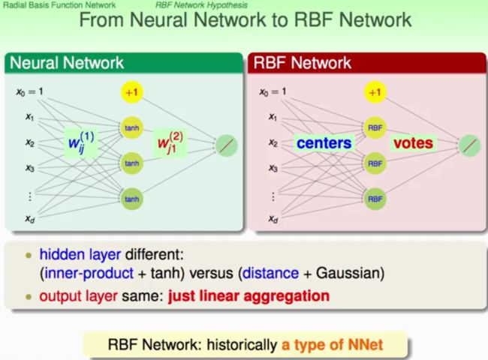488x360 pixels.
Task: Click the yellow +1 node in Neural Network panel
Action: pyautogui.click(x=131, y=92)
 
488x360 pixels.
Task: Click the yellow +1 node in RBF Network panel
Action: pyautogui.click(x=375, y=92)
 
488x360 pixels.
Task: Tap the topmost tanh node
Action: pyautogui.click(x=131, y=127)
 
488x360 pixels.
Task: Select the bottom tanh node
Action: pyautogui.click(x=131, y=199)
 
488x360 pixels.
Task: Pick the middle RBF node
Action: pyautogui.click(x=375, y=163)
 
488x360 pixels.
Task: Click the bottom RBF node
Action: pyautogui.click(x=375, y=199)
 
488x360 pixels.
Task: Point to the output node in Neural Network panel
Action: pyautogui.click(x=227, y=145)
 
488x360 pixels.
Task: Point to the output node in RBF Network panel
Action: pyautogui.click(x=470, y=145)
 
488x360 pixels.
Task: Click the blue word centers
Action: pyautogui.click(x=324, y=143)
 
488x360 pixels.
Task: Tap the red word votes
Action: pyautogui.click(x=413, y=143)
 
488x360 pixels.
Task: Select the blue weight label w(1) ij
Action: pyautogui.click(x=81, y=142)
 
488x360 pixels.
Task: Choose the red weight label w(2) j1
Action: pyautogui.click(x=170, y=142)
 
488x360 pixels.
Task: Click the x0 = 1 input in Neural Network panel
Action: pyautogui.click(x=29, y=91)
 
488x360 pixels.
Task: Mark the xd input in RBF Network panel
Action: pyautogui.click(x=273, y=219)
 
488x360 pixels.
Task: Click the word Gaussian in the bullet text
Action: pyautogui.click(x=350, y=273)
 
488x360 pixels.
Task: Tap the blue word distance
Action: pyautogui.click(x=270, y=273)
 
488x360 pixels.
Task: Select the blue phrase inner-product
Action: pyautogui.click(x=89, y=274)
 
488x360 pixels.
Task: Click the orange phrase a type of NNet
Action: pyautogui.click(x=332, y=345)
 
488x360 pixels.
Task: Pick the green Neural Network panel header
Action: pyautogui.click(x=124, y=63)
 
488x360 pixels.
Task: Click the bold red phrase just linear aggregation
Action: pyautogui.click(x=249, y=296)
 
